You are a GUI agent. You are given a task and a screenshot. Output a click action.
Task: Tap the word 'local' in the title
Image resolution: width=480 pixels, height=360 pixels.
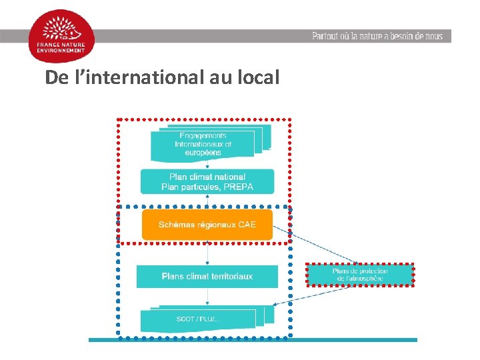[x=257, y=78]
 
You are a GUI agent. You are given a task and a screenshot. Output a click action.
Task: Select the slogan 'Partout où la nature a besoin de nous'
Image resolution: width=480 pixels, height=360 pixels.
[x=377, y=36]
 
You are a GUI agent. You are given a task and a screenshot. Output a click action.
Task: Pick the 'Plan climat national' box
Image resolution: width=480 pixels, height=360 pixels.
[x=207, y=181]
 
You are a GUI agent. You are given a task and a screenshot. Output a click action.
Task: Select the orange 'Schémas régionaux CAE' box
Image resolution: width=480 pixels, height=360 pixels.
[x=207, y=225]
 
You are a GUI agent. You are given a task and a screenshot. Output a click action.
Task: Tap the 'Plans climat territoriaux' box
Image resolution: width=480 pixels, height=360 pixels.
[x=207, y=276]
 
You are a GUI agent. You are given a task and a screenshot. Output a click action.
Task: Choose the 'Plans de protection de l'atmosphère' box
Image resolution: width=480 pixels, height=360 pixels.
[x=360, y=275]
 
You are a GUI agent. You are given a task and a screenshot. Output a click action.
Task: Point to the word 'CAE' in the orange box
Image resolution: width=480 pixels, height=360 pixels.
[x=247, y=225]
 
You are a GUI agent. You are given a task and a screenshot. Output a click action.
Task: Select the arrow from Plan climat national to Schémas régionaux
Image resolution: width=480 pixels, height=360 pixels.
[x=207, y=202]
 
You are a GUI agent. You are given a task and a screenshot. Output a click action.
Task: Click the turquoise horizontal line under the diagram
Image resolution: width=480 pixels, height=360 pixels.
[x=253, y=340]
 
